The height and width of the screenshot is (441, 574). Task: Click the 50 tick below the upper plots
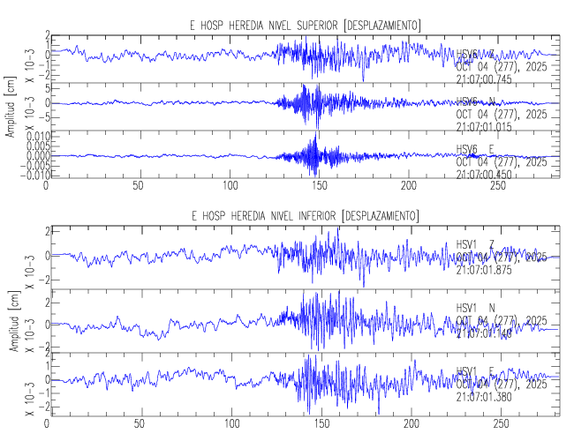click(138, 186)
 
